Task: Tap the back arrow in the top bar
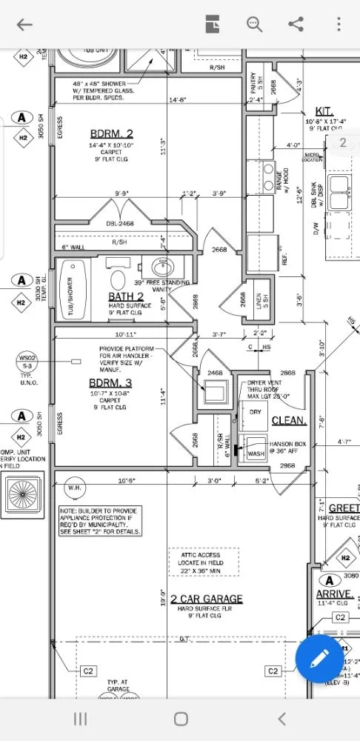24,24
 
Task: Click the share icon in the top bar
296,24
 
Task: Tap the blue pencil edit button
319,658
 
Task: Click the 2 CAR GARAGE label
206,599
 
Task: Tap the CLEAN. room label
289,420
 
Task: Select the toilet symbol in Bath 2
118,280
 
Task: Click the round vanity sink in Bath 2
161,267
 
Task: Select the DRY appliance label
255,411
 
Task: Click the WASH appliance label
256,453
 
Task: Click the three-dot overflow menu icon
338,24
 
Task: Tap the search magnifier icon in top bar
255,24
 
